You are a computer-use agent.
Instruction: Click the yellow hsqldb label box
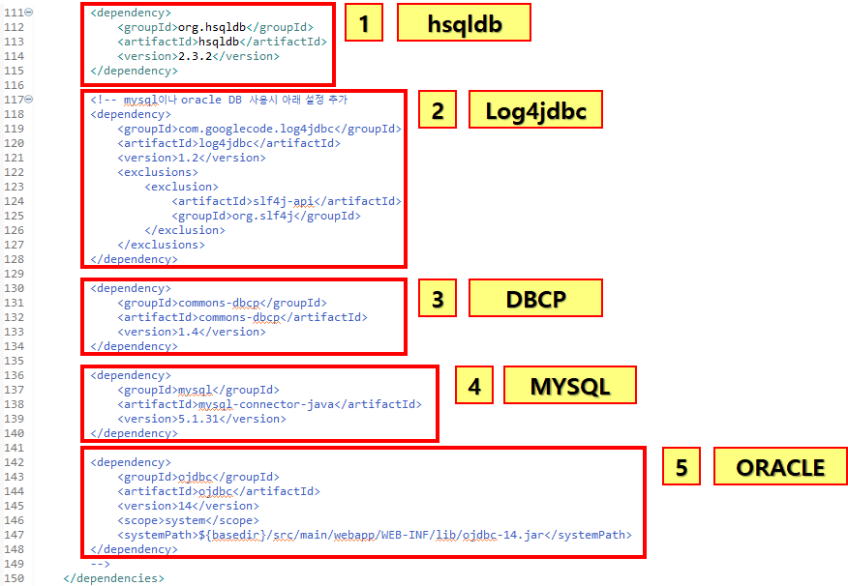click(464, 23)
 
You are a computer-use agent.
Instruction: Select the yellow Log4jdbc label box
click(535, 110)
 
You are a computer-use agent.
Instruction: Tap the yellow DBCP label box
click(535, 299)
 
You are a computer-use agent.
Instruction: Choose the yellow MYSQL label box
click(570, 386)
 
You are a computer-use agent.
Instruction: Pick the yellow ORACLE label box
click(779, 467)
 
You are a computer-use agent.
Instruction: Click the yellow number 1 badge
click(364, 23)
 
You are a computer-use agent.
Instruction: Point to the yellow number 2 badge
click(438, 110)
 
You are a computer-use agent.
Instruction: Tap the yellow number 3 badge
click(438, 299)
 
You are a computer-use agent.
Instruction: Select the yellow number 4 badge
click(473, 386)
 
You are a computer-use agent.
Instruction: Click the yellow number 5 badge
click(681, 467)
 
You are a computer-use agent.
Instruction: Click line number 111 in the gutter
click(13, 13)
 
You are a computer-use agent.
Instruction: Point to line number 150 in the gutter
click(13, 578)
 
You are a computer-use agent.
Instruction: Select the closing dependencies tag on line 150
click(113, 578)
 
